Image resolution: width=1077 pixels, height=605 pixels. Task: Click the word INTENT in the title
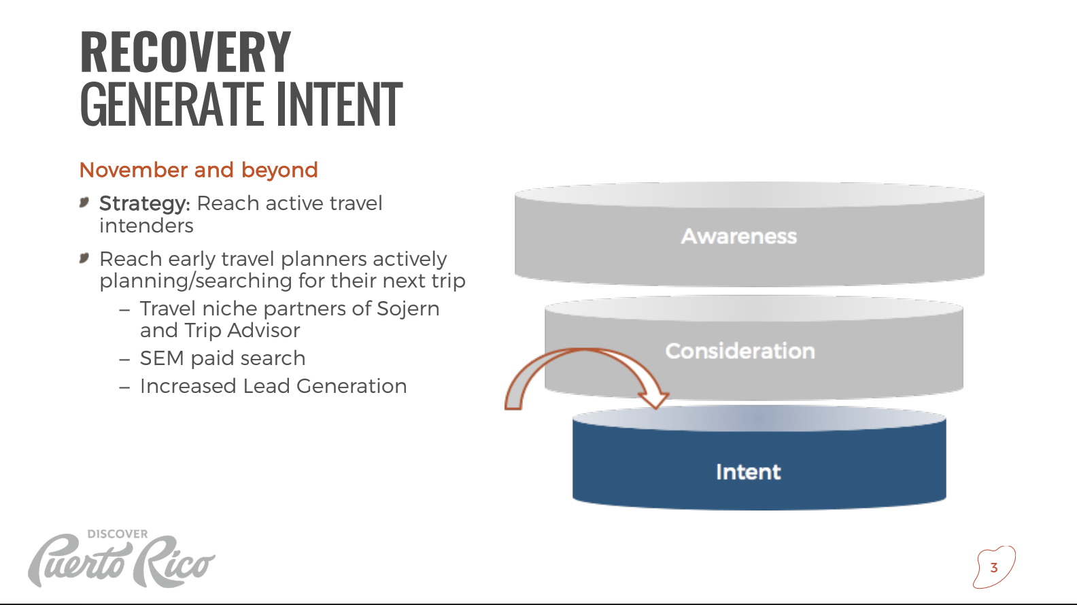[x=339, y=104]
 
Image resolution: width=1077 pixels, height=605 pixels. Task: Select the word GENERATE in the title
[x=171, y=104]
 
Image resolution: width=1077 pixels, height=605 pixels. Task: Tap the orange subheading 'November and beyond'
[x=199, y=170]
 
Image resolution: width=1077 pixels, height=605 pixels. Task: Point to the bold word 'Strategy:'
[x=145, y=204]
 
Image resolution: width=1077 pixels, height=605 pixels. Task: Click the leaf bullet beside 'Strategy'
[x=84, y=203]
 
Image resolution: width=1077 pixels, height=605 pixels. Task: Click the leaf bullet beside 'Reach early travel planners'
[x=84, y=258]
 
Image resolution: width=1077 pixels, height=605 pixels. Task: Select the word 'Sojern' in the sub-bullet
[x=408, y=309]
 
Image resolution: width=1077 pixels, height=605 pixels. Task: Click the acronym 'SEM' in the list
[x=162, y=358]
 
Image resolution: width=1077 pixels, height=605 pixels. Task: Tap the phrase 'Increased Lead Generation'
[x=273, y=386]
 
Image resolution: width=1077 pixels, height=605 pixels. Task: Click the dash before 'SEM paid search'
[x=124, y=360]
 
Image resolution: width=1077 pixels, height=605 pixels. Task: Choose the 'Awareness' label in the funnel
[x=739, y=237]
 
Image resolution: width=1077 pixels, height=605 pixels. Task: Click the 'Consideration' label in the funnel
[x=740, y=351]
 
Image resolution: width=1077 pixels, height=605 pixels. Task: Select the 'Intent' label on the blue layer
[x=748, y=472]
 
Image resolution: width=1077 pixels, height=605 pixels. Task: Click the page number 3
[x=994, y=568]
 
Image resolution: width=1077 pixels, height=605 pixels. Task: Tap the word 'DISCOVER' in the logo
[x=118, y=534]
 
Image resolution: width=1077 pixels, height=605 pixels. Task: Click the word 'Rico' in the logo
[x=173, y=561]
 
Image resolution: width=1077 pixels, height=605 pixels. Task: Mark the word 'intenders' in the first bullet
[x=146, y=226]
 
